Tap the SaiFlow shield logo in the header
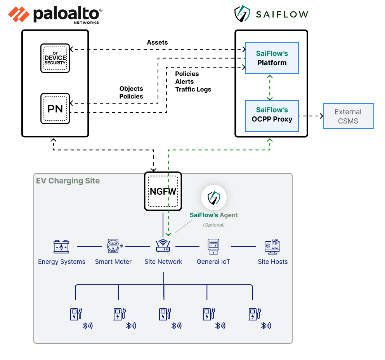tap(242, 14)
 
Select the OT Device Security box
tap(55, 58)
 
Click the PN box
tap(55, 108)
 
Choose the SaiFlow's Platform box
tap(272, 58)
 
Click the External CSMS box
tap(348, 116)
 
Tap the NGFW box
tap(163, 192)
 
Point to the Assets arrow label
tap(157, 42)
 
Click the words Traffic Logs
tap(193, 89)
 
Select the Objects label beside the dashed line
tap(131, 89)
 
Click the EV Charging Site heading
tap(68, 181)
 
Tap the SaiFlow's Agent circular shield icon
tap(213, 197)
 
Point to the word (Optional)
tap(214, 225)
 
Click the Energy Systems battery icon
tap(61, 247)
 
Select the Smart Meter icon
tap(113, 246)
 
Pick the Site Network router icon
tap(163, 246)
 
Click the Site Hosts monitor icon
tap(272, 246)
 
